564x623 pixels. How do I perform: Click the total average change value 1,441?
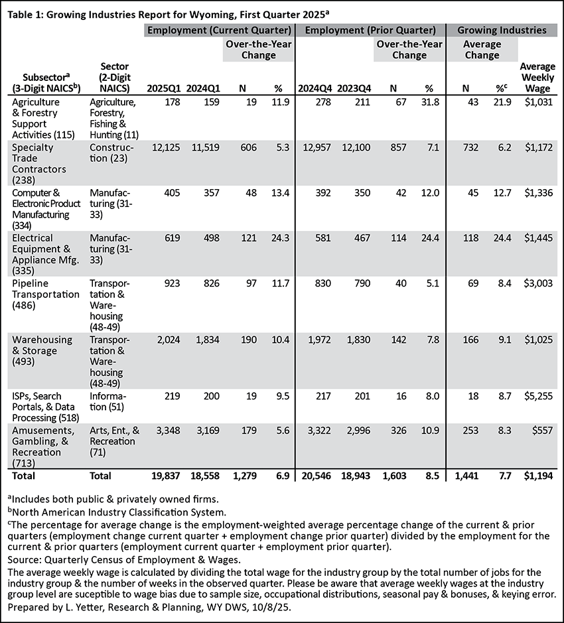tap(470, 475)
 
